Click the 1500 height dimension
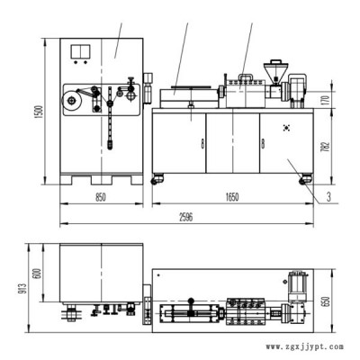pos(40,112)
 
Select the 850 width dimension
pos(101,197)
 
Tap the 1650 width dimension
pos(232,197)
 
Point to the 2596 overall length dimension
pos(186,217)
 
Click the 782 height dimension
pos(326,146)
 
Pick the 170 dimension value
pos(326,98)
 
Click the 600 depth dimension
pos(38,273)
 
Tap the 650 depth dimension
pos(326,301)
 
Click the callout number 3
pos(328,197)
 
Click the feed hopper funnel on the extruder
pos(274,71)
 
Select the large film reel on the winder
pos(71,101)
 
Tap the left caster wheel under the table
pos(157,178)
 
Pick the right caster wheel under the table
pos(305,179)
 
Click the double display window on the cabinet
pos(80,51)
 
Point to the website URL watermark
pos(305,346)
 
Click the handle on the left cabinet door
pos(202,144)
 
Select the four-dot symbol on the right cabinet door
pos(286,128)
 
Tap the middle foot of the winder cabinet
pos(102,180)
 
